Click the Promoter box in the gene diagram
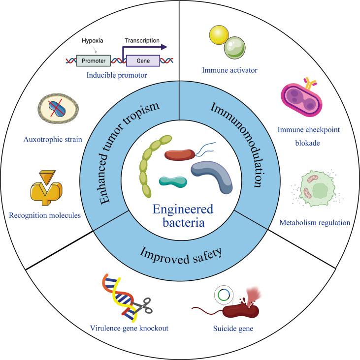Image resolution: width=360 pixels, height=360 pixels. tap(92, 60)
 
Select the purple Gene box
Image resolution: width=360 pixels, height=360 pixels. tap(143, 60)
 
